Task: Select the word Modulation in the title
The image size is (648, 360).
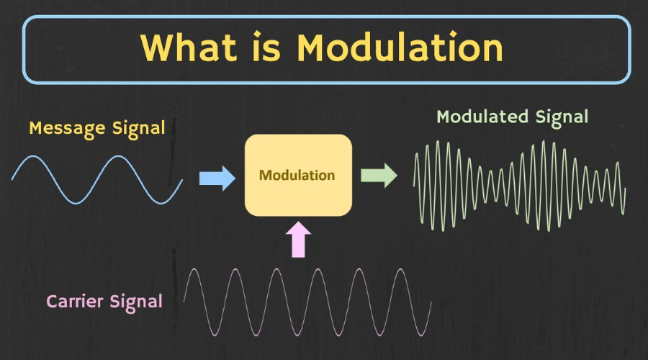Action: coord(400,48)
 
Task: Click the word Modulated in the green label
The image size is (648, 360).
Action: coord(484,117)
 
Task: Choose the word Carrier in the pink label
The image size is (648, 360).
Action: coord(76,300)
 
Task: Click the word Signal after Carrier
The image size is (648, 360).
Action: coord(136,301)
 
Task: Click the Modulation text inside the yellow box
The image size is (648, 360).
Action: coord(297,175)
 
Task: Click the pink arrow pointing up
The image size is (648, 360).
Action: coord(299,239)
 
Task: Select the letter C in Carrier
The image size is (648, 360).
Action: coord(52,300)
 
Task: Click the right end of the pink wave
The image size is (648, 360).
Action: coord(431,304)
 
